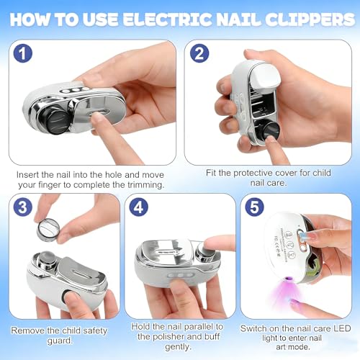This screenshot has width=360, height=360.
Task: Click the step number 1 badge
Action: [22, 53]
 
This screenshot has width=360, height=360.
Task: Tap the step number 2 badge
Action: [199, 53]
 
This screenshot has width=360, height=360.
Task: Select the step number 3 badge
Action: [22, 207]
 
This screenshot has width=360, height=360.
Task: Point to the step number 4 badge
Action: [138, 207]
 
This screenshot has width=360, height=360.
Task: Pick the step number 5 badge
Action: [254, 207]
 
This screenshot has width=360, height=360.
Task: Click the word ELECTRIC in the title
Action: [168, 19]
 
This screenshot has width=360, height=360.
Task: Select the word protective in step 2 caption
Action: [253, 173]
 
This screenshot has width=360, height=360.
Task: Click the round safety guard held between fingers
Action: [48, 230]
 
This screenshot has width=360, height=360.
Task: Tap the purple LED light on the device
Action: [288, 279]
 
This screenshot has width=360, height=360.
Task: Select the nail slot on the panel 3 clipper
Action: [81, 273]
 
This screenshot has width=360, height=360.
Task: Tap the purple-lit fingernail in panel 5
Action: [295, 302]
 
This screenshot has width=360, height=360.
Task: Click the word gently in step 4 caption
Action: [178, 347]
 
